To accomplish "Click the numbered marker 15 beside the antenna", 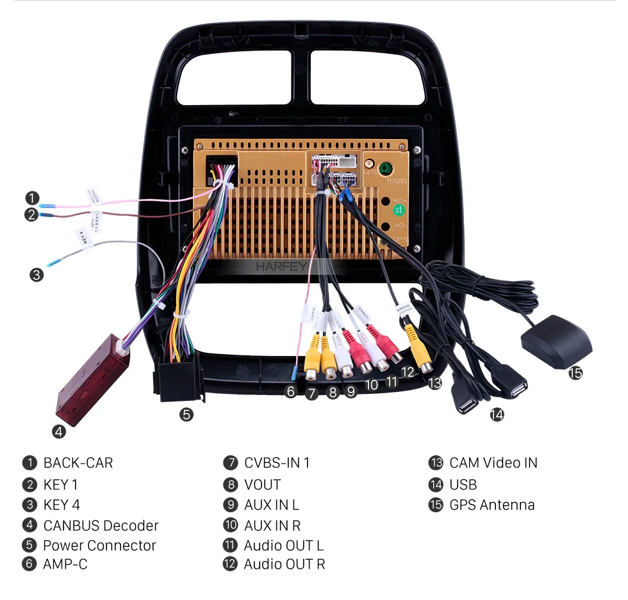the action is point(576,372).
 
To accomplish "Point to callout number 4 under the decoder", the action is point(59,432).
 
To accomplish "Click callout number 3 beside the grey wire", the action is point(36,275).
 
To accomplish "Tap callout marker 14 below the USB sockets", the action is point(497,414).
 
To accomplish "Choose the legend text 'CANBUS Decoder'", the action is point(101,526).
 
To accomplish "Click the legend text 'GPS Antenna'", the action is point(492,505).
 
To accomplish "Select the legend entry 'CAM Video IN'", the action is point(493,463).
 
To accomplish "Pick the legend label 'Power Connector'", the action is point(99,546).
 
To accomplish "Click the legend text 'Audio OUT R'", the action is point(284,564).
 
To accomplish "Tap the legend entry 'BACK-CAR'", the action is point(78,463).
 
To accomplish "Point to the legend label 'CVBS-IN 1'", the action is point(276,463).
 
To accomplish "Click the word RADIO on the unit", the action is point(396,182).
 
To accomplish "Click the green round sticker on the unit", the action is point(399,210).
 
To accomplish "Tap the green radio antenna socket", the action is point(385,169).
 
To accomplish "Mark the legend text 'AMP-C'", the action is point(65,564).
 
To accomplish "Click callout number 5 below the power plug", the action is point(186,414).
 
